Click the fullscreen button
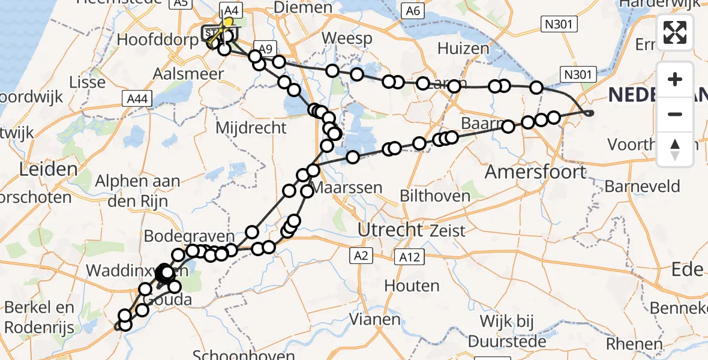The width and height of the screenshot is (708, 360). point(675,32)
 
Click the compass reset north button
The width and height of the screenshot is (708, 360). point(675,149)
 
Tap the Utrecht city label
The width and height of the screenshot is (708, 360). point(391,229)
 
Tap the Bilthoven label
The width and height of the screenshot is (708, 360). point(434,196)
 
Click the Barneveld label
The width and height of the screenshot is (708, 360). point(642,186)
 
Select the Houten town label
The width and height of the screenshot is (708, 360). point(412,286)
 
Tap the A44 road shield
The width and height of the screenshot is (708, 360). point(135,98)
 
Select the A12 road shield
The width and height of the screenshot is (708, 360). point(410,257)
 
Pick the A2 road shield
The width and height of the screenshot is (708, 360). point(360,256)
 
